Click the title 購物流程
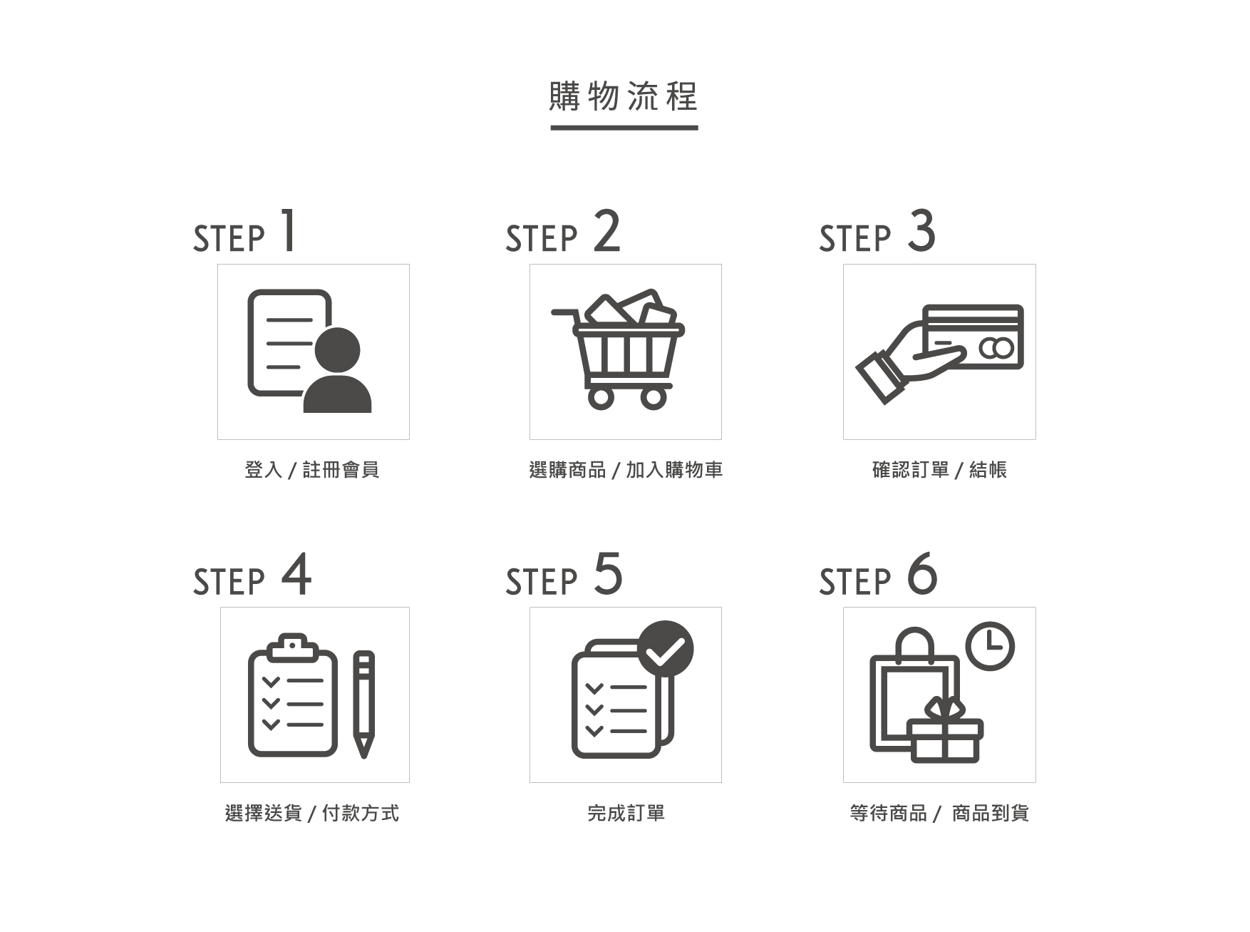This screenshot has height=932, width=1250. click(x=624, y=96)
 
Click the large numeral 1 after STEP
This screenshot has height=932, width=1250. click(x=288, y=230)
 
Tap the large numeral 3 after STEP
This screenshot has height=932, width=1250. click(x=921, y=231)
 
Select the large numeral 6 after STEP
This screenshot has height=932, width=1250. click(x=922, y=574)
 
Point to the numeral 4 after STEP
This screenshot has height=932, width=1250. click(x=296, y=575)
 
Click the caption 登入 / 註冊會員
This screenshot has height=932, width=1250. click(x=312, y=470)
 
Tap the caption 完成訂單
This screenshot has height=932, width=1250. click(x=626, y=813)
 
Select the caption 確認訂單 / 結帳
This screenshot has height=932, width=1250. click(x=939, y=470)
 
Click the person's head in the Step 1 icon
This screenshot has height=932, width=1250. click(x=337, y=350)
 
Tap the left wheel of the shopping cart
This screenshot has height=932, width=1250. click(x=601, y=397)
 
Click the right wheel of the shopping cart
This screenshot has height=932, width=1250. click(x=653, y=397)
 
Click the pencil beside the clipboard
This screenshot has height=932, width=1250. click(x=363, y=702)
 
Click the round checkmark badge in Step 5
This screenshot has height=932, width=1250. click(x=666, y=648)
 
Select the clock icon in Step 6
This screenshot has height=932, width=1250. click(x=990, y=646)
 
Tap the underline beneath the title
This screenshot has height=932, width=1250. click(x=624, y=128)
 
